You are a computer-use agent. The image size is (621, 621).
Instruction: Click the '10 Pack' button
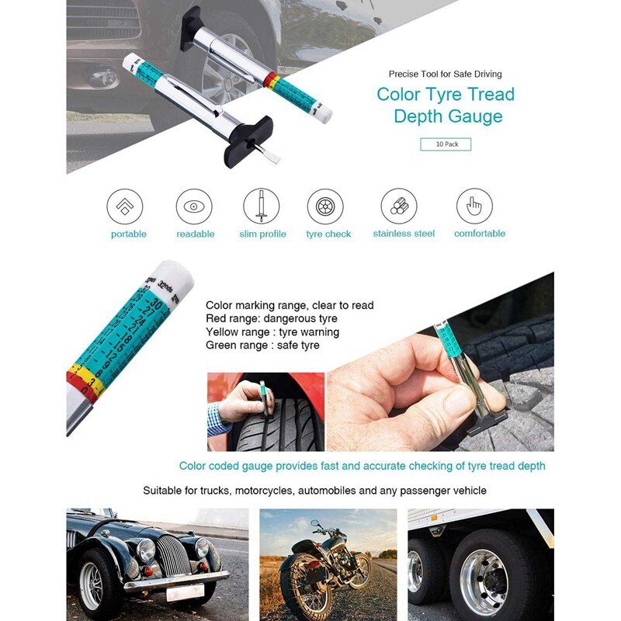click(446, 144)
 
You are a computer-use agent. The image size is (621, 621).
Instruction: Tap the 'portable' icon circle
click(125, 206)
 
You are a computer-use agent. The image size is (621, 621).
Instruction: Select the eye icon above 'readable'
click(194, 206)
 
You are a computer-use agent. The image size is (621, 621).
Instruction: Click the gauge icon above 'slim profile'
click(262, 206)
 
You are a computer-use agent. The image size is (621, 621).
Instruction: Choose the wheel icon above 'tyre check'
click(325, 206)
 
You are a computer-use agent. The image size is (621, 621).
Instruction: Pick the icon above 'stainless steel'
click(399, 206)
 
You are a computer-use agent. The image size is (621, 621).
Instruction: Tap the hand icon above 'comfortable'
click(474, 206)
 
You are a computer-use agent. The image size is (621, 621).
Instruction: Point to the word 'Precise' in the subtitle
click(405, 75)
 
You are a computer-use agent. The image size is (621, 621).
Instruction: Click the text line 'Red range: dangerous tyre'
click(272, 318)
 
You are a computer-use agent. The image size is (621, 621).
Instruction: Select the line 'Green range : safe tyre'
click(262, 345)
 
